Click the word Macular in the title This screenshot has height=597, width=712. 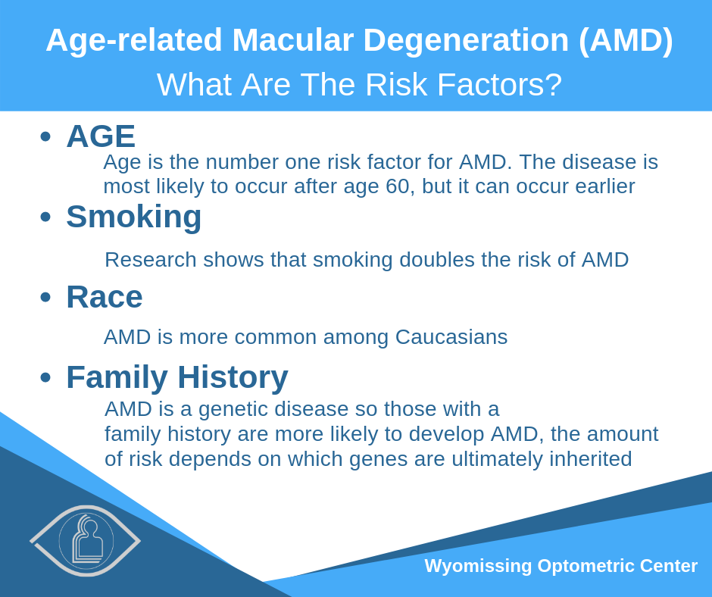(293, 40)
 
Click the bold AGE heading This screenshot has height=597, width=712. (101, 136)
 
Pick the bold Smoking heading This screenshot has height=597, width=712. (134, 217)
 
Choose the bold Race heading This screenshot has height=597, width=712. (105, 297)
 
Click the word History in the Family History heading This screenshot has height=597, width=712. (233, 378)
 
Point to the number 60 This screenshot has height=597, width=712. (398, 186)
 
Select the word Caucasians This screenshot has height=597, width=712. (451, 337)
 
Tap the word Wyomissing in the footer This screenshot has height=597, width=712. (478, 567)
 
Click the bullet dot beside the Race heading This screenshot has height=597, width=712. (45, 297)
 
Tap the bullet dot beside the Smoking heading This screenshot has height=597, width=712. (45, 217)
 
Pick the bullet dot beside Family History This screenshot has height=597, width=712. (45, 377)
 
